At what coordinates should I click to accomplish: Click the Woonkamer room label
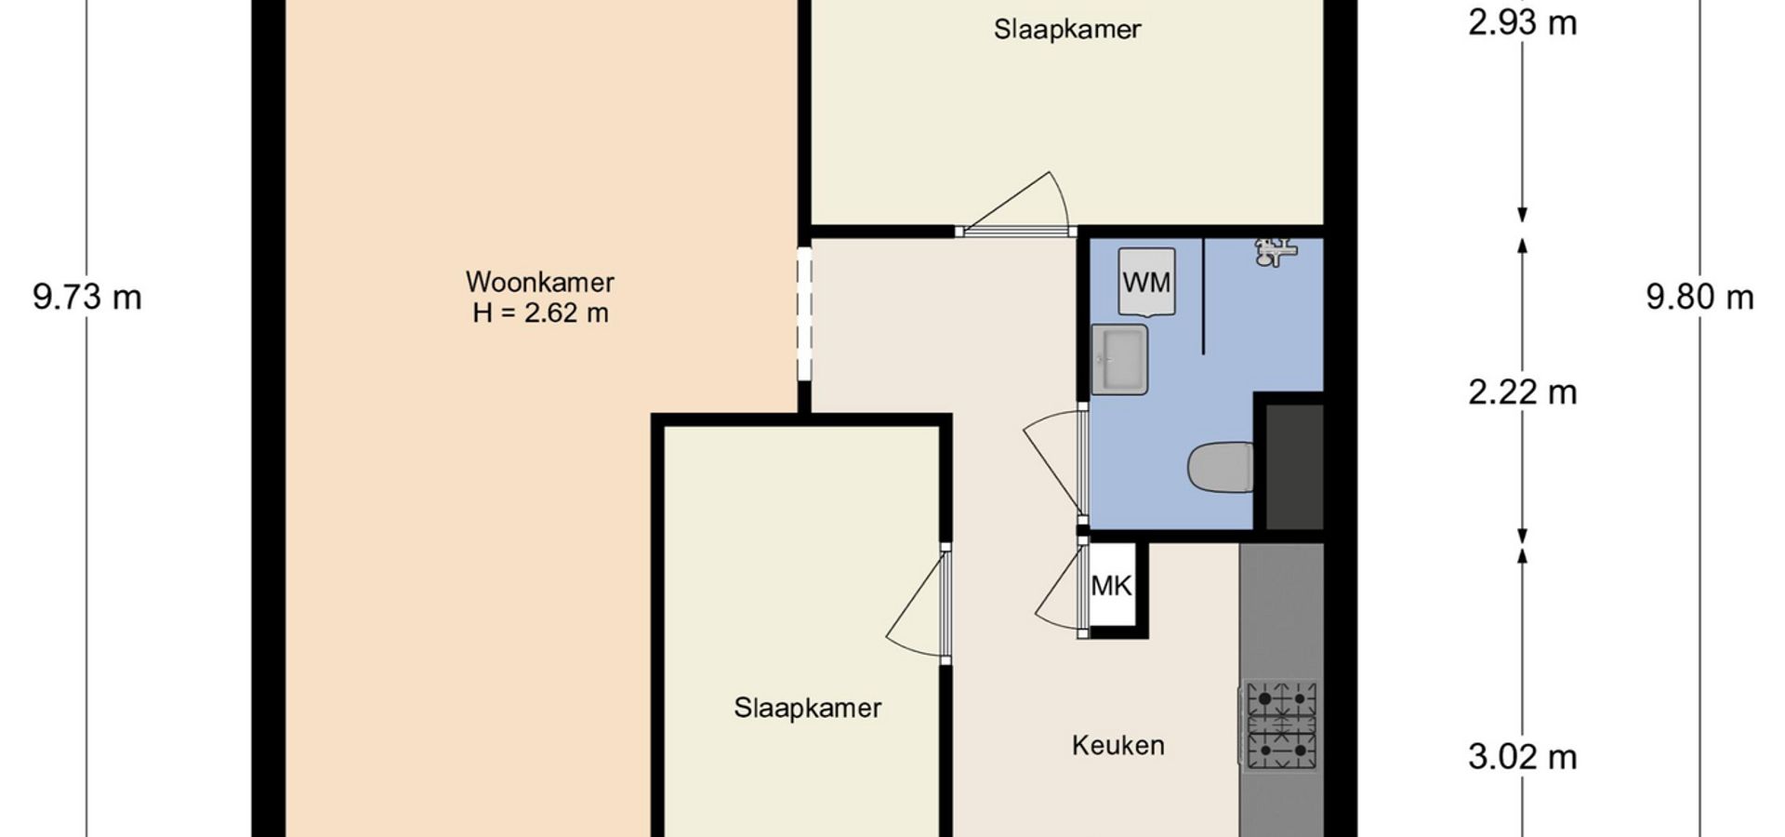[x=540, y=282]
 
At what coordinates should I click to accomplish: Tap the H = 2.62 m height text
[x=540, y=312]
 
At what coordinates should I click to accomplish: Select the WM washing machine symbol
[x=1146, y=282]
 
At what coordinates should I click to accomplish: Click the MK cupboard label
[x=1112, y=586]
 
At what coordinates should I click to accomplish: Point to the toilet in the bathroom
[x=1221, y=467]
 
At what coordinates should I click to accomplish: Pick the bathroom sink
[x=1119, y=360]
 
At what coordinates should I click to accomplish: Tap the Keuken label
[x=1117, y=745]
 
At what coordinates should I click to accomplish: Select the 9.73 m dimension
[x=87, y=298]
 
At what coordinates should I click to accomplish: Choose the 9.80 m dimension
[x=1699, y=298]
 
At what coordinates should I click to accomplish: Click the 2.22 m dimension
[x=1523, y=392]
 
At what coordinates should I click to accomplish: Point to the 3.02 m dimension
[x=1523, y=757]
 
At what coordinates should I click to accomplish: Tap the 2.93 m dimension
[x=1523, y=22]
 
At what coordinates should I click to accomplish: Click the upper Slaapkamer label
[x=1067, y=29]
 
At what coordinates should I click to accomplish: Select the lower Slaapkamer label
[x=807, y=708]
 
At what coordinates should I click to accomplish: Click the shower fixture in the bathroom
[x=1276, y=251]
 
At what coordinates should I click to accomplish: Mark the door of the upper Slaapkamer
[x=1017, y=204]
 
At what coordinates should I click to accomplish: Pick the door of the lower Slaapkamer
[x=919, y=604]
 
